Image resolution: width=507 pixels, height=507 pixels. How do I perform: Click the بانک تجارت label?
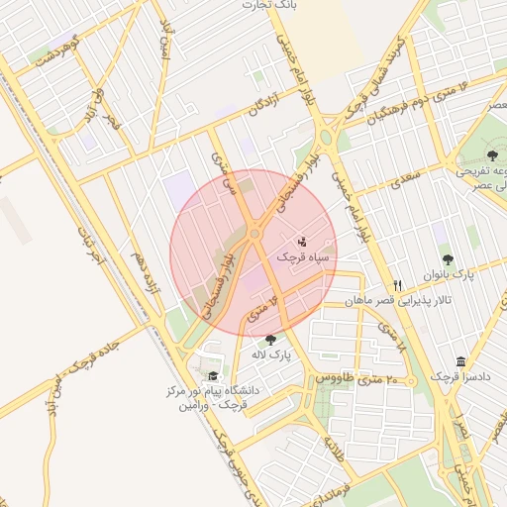270,6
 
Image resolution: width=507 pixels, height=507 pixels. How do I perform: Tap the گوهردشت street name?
54,51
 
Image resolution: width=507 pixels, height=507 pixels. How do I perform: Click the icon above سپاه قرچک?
303,241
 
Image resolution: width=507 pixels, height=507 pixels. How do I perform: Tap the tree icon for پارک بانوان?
447,259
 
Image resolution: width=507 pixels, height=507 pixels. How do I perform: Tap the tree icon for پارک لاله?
270,340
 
